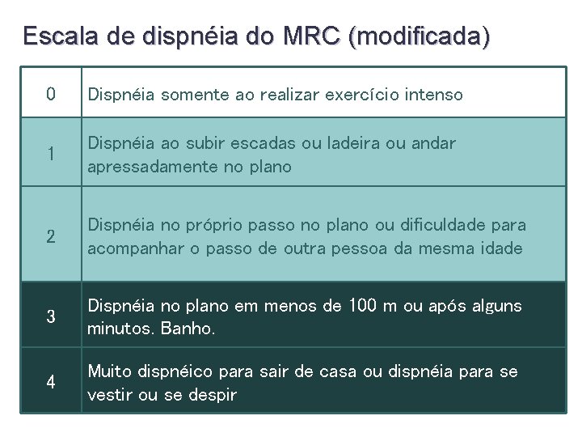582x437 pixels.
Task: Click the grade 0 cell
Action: pos(51,95)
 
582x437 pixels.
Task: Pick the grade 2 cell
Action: pos(51,236)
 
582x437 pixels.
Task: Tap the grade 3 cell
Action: pos(51,316)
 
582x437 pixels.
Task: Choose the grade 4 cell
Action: pos(51,382)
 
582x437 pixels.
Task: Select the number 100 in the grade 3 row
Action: pos(363,306)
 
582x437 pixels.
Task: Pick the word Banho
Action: pos(188,330)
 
